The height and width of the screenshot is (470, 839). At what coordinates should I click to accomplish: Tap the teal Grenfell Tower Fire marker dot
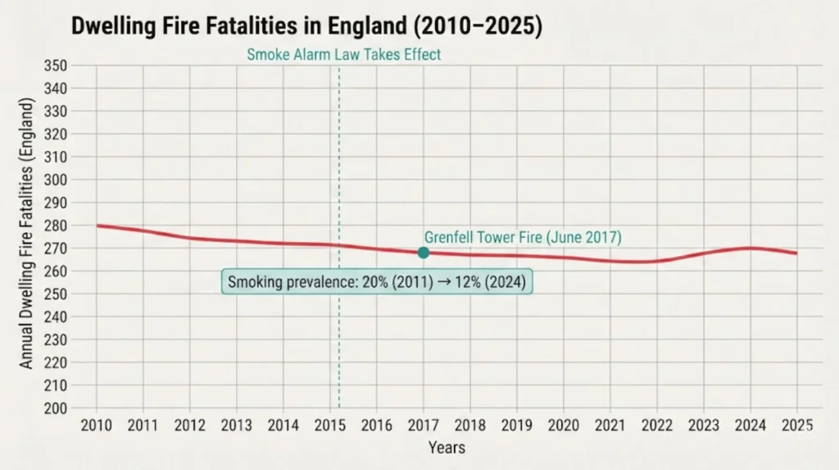[x=424, y=253]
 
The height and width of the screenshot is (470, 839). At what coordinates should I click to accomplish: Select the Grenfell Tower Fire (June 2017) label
[x=523, y=237]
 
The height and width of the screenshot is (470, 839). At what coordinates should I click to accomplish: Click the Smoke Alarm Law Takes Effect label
[x=343, y=55]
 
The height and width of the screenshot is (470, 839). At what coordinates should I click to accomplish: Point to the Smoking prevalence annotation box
[x=377, y=282]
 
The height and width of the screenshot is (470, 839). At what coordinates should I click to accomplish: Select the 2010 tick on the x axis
[x=97, y=425]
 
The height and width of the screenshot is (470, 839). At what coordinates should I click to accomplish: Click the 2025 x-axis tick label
[x=797, y=425]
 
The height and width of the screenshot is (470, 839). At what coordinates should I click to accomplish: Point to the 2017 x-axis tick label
[x=424, y=425]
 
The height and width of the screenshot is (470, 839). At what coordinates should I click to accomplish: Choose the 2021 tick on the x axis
[x=610, y=425]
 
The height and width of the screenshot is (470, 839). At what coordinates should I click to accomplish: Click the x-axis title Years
[x=447, y=448]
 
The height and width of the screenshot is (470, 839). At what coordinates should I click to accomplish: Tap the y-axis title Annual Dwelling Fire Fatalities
[x=27, y=234]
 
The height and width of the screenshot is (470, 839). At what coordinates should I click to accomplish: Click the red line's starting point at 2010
[x=98, y=226]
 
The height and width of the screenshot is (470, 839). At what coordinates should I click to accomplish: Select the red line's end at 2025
[x=796, y=253]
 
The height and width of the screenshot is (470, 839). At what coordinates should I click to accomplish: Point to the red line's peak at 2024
[x=751, y=248]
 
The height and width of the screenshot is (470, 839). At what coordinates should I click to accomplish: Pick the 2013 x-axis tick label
[x=237, y=425]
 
